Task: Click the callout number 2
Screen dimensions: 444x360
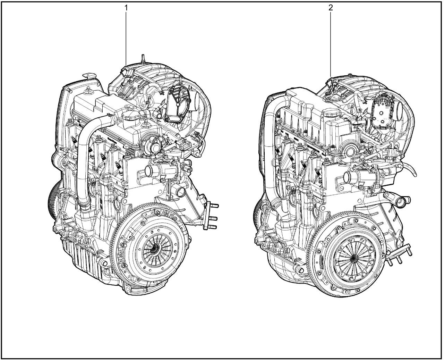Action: click(x=331, y=8)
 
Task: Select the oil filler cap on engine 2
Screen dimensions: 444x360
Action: click(x=331, y=113)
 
